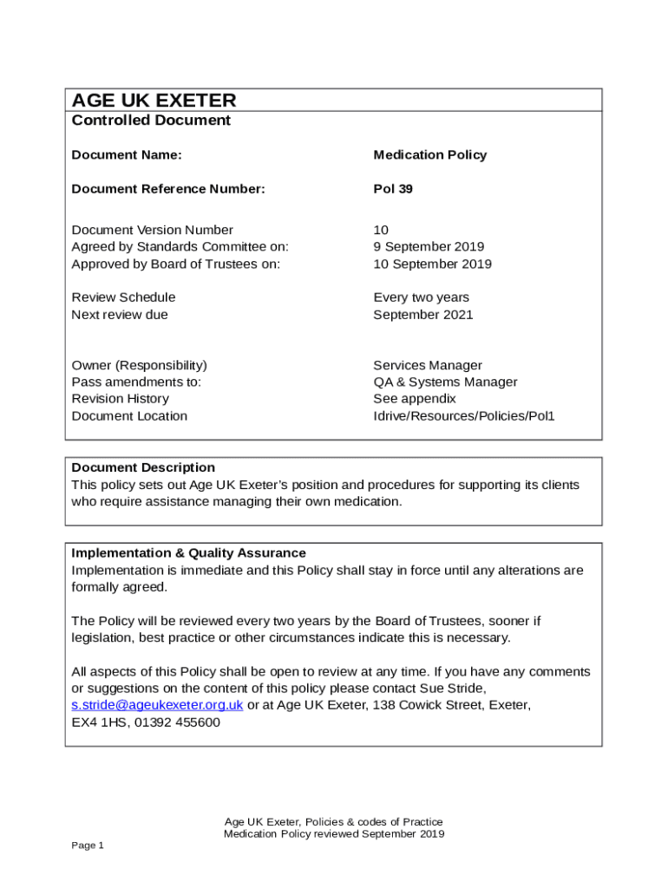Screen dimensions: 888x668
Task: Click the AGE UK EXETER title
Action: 154,101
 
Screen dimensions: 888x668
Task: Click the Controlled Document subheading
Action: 151,121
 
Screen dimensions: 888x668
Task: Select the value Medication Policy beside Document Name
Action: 429,155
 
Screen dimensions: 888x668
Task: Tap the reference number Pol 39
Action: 393,189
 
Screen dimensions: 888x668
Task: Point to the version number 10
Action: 381,230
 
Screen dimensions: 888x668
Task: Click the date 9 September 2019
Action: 429,247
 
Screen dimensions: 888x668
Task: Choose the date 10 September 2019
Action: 432,264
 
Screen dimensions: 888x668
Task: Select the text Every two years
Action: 421,297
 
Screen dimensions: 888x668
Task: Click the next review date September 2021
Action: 422,315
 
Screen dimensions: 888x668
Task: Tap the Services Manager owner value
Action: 427,365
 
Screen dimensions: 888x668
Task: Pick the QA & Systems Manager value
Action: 445,382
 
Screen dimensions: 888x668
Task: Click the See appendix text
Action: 414,399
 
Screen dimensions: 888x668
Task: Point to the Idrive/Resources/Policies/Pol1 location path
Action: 463,416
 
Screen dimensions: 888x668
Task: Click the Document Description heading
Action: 143,467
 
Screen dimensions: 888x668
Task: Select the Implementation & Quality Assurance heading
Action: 188,553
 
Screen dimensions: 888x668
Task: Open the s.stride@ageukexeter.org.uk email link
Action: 157,705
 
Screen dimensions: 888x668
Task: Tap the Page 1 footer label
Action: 88,846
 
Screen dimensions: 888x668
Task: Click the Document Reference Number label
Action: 168,189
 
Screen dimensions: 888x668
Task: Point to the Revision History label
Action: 120,399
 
